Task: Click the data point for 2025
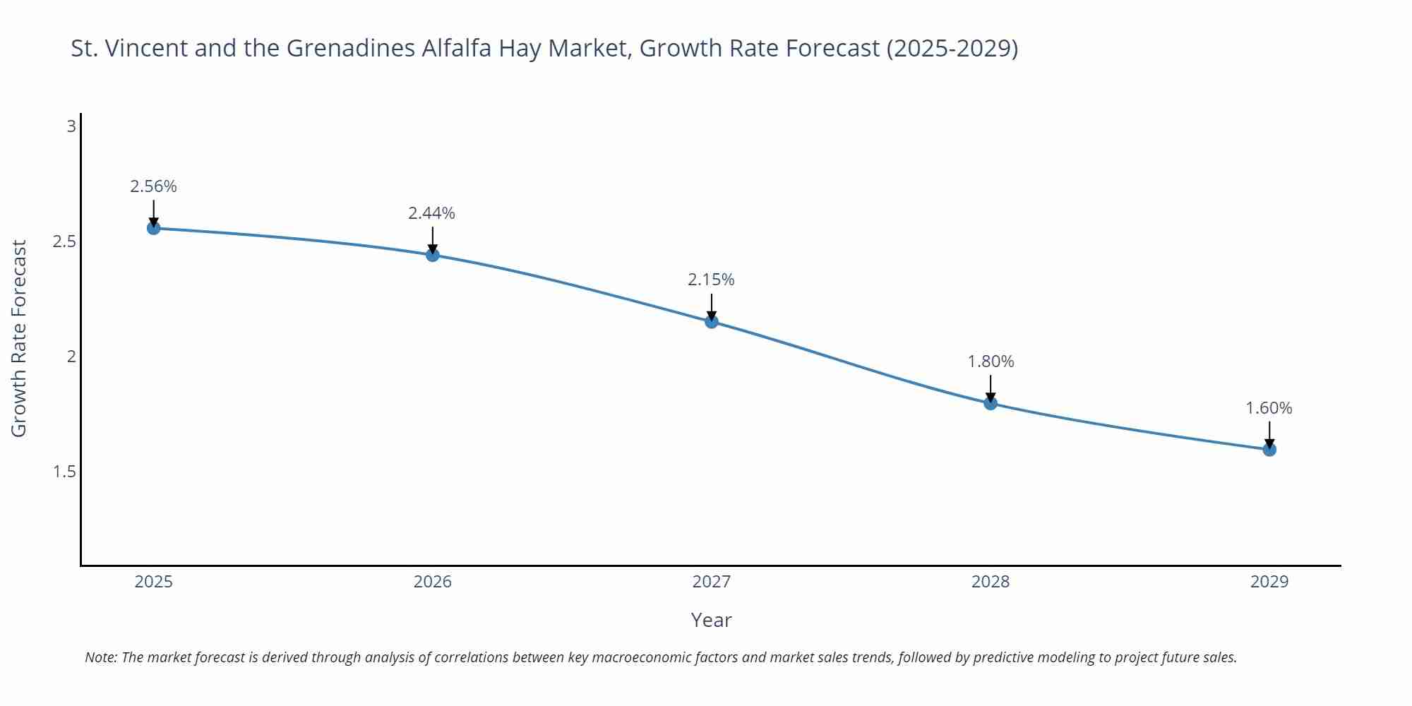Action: click(153, 228)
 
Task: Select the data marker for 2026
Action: click(433, 255)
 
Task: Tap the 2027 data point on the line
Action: click(712, 322)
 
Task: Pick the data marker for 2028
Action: click(991, 403)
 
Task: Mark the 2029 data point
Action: click(1269, 449)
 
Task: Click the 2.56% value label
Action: click(153, 186)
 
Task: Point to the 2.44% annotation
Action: click(431, 213)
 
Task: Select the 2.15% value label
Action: click(711, 280)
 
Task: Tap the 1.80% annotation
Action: click(991, 361)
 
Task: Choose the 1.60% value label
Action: click(1269, 408)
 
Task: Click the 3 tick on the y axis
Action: click(71, 126)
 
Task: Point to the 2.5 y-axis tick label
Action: click(64, 241)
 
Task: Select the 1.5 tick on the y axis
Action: click(64, 472)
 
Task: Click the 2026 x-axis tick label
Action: click(432, 582)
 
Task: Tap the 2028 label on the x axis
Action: click(991, 582)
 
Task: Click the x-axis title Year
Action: click(711, 620)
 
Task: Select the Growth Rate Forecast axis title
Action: click(19, 338)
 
